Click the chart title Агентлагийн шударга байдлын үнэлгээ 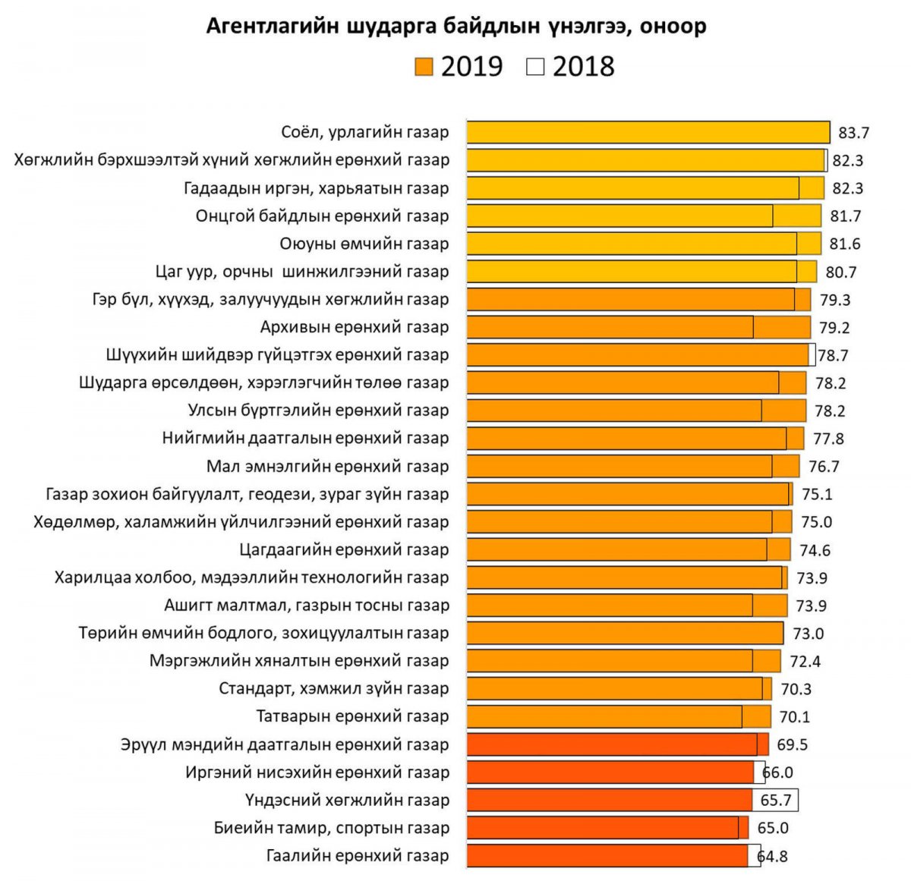pos(456,27)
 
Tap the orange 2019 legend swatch pos(424,67)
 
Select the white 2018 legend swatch pos(535,67)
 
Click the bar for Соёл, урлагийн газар pos(648,132)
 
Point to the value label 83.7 pos(853,133)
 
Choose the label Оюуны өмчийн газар pos(364,244)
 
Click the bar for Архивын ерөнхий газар pos(638,327)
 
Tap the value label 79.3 pos(835,300)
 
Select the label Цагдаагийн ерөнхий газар pos(344,549)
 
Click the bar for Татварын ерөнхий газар pos(618,716)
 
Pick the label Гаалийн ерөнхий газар pos(358,856)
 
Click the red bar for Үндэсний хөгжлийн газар pos(610,800)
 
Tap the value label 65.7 pos(775,801)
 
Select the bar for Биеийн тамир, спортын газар pos(607,828)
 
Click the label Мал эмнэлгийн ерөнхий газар pos(328,466)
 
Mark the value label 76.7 pos(824,467)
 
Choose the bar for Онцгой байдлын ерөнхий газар pos(643,216)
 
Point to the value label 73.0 pos(809,634)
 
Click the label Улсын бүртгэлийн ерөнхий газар pos(319,411)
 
